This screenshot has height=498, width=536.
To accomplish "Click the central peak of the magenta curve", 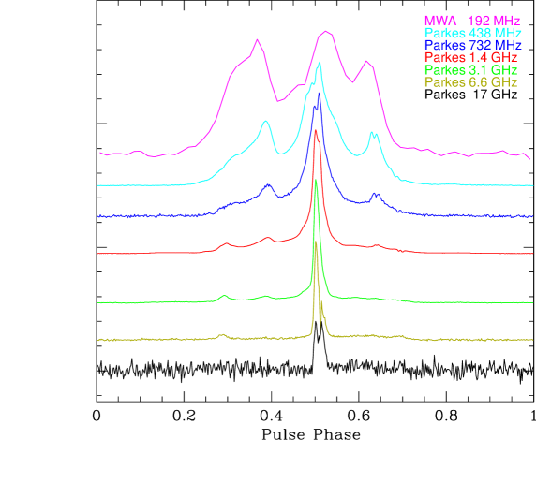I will click(324, 31).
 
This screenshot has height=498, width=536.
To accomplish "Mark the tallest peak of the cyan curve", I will click(320, 63).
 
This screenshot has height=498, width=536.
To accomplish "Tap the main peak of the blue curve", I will click(319, 94).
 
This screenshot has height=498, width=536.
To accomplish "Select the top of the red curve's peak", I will click(316, 130).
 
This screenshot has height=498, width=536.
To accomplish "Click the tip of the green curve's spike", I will click(316, 180).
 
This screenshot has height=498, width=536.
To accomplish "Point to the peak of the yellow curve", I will click(315, 242).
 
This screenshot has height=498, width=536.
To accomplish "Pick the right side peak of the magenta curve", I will click(367, 63).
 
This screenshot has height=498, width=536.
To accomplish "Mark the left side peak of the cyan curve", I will click(266, 120).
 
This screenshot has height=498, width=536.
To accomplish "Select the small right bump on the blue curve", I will click(376, 194).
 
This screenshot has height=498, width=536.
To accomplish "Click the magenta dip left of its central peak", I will click(278, 100).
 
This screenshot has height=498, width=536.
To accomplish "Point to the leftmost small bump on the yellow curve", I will click(222, 333).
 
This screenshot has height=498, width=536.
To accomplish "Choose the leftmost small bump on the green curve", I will click(224, 296).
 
